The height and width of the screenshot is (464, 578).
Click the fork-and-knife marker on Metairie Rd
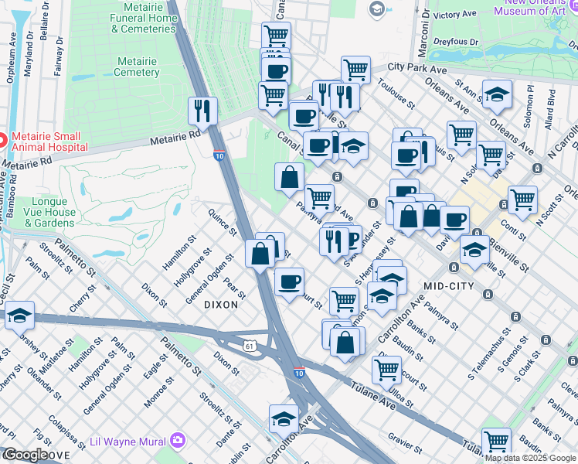(x=202, y=111)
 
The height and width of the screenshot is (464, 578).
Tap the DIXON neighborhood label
(x=220, y=305)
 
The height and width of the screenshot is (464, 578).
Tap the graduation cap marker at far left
(x=19, y=315)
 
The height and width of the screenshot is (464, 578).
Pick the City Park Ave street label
(x=418, y=69)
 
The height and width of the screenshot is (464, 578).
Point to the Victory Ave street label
(x=455, y=15)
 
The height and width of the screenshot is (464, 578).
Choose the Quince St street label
(x=223, y=220)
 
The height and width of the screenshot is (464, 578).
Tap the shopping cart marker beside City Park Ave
(x=355, y=70)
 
